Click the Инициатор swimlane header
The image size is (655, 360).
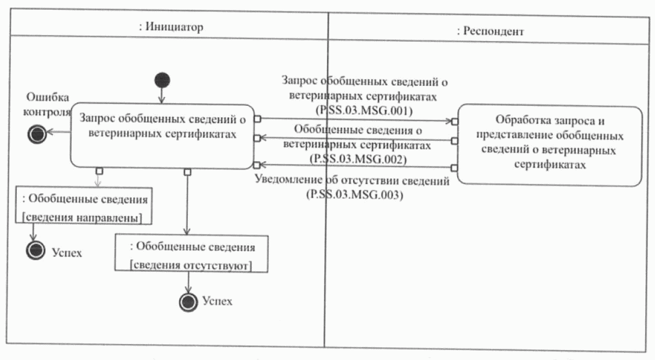pyautogui.click(x=172, y=27)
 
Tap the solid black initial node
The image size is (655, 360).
pyautogui.click(x=162, y=80)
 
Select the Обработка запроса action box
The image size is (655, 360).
pyautogui.click(x=550, y=146)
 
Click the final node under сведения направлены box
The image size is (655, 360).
pyautogui.click(x=35, y=250)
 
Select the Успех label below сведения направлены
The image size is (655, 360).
pyautogui.click(x=66, y=252)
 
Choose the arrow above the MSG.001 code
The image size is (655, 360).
pyautogui.click(x=358, y=119)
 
